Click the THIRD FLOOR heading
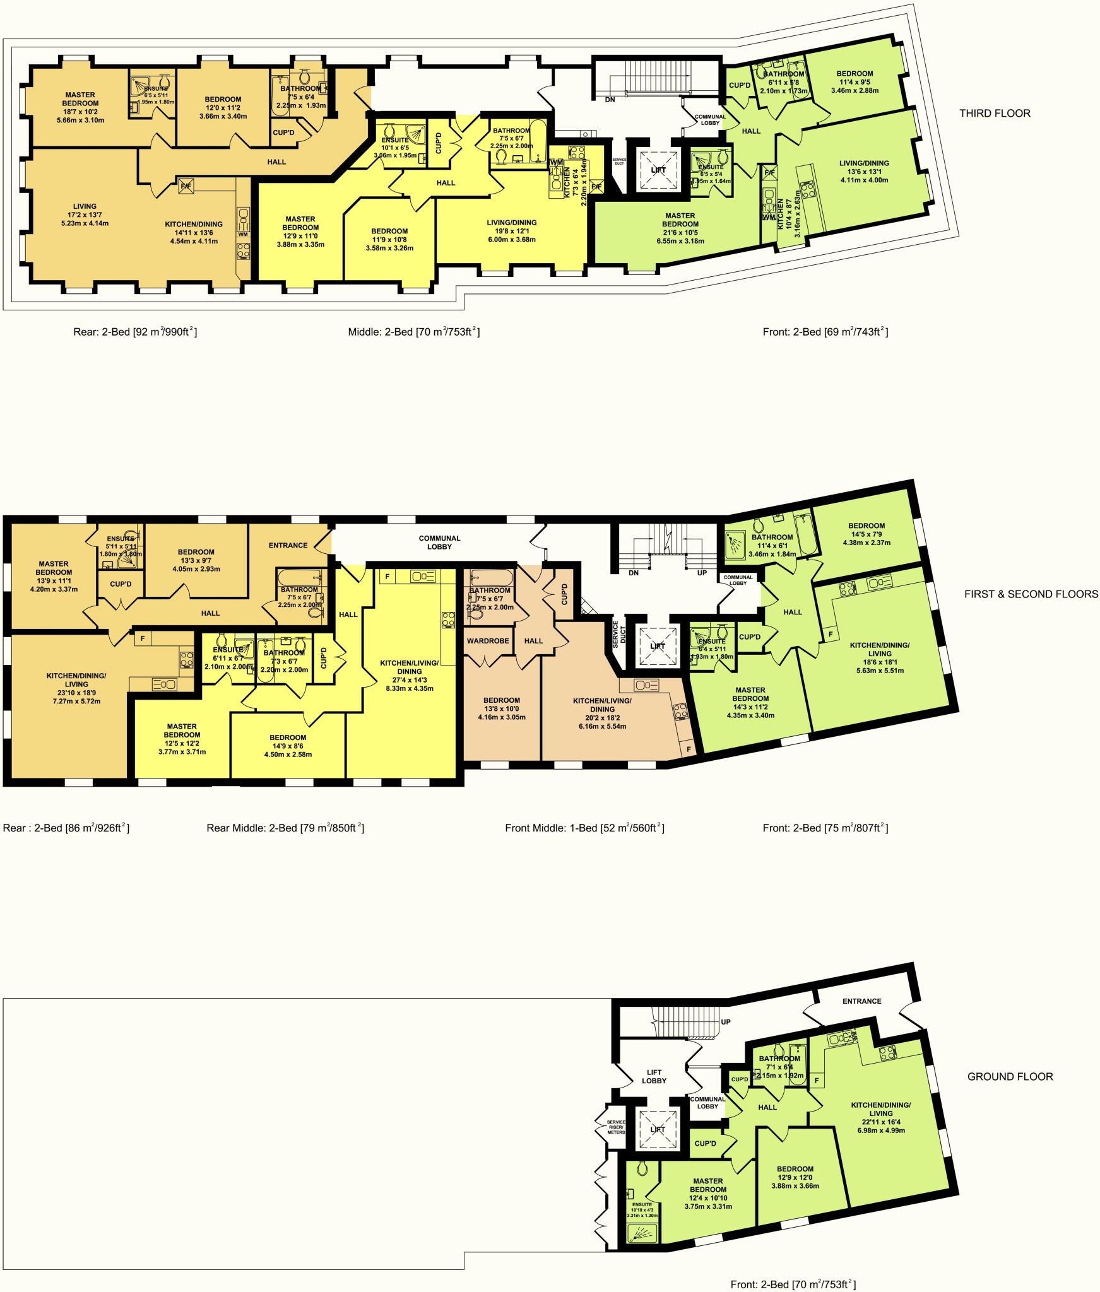click(995, 114)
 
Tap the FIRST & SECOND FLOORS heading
click(1031, 594)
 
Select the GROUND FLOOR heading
click(1010, 1076)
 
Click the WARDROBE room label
click(488, 641)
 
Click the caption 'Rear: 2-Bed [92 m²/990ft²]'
click(135, 331)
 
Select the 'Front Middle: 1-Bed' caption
click(584, 828)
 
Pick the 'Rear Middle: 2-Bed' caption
click(285, 828)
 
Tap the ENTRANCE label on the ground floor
click(861, 1001)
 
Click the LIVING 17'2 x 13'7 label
click(85, 214)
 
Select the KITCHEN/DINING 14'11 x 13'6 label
click(194, 232)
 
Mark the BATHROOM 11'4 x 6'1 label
click(772, 546)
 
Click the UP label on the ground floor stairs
click(726, 1021)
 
